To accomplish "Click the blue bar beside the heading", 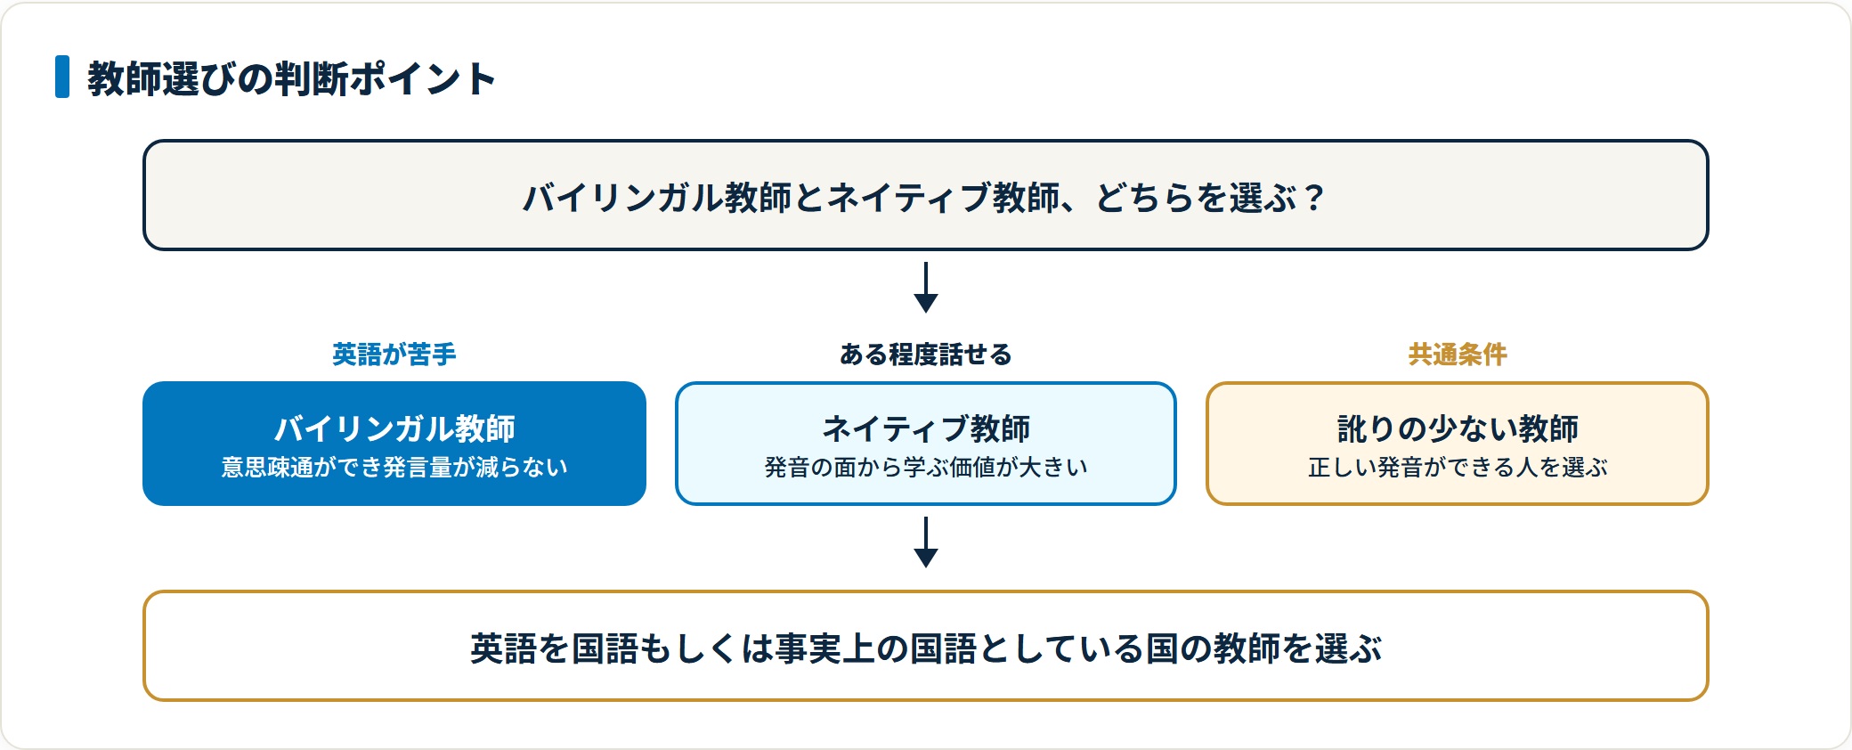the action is [x=62, y=77].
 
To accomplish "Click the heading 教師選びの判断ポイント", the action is [x=291, y=78].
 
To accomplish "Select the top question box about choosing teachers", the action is [x=926, y=195].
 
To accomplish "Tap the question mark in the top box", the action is [x=1313, y=198].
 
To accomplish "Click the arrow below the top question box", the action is [x=926, y=287].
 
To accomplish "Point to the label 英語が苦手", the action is [x=394, y=355].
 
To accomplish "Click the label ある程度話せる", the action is [x=926, y=355].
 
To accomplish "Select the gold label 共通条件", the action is [x=1458, y=355].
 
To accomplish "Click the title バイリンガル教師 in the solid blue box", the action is [x=394, y=428].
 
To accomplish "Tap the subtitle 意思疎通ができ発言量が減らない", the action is [x=394, y=468].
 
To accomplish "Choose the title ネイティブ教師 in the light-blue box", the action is [x=926, y=428].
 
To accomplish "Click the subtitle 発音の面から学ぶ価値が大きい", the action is [x=926, y=468].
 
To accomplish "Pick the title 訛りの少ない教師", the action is [x=1458, y=428].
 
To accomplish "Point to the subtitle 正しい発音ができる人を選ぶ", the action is [x=1458, y=468].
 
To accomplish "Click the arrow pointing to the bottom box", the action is [x=926, y=542].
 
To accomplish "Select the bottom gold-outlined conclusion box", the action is [x=926, y=646].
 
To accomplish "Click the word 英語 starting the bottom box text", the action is [x=503, y=648].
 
